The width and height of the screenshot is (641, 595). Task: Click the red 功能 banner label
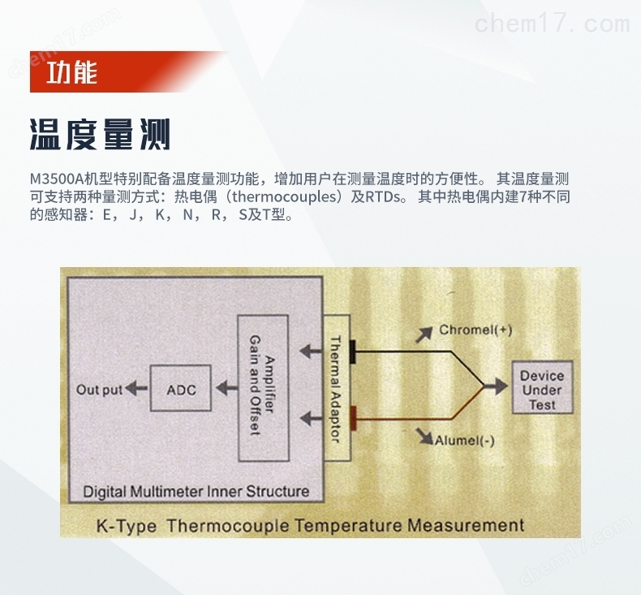pyautogui.click(x=72, y=72)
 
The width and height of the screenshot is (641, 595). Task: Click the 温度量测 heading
pyautogui.click(x=100, y=135)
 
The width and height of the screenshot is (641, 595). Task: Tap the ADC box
pyautogui.click(x=181, y=388)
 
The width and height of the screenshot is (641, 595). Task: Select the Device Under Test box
pyautogui.click(x=542, y=387)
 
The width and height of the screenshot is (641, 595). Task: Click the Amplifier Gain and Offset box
pyautogui.click(x=263, y=388)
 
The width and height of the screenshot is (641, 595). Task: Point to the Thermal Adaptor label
pyautogui.click(x=335, y=389)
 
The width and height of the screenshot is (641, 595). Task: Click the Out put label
pyautogui.click(x=99, y=390)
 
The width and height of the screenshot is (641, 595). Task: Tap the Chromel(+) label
pyautogui.click(x=475, y=330)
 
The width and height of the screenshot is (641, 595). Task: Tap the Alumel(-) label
pyautogui.click(x=464, y=441)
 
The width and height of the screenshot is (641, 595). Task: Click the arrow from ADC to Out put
pyautogui.click(x=136, y=388)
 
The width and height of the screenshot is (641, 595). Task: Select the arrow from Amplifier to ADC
pyautogui.click(x=226, y=388)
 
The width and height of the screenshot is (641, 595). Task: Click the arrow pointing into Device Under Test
pyautogui.click(x=496, y=386)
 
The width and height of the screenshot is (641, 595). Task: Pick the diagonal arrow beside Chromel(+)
pyautogui.click(x=424, y=334)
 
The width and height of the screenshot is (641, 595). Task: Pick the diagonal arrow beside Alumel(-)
pyautogui.click(x=424, y=436)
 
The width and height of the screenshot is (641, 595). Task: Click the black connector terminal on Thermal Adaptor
pyautogui.click(x=352, y=351)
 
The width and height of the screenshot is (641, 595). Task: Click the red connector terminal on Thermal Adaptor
pyautogui.click(x=353, y=418)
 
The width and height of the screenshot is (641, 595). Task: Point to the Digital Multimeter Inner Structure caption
pyautogui.click(x=196, y=491)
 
